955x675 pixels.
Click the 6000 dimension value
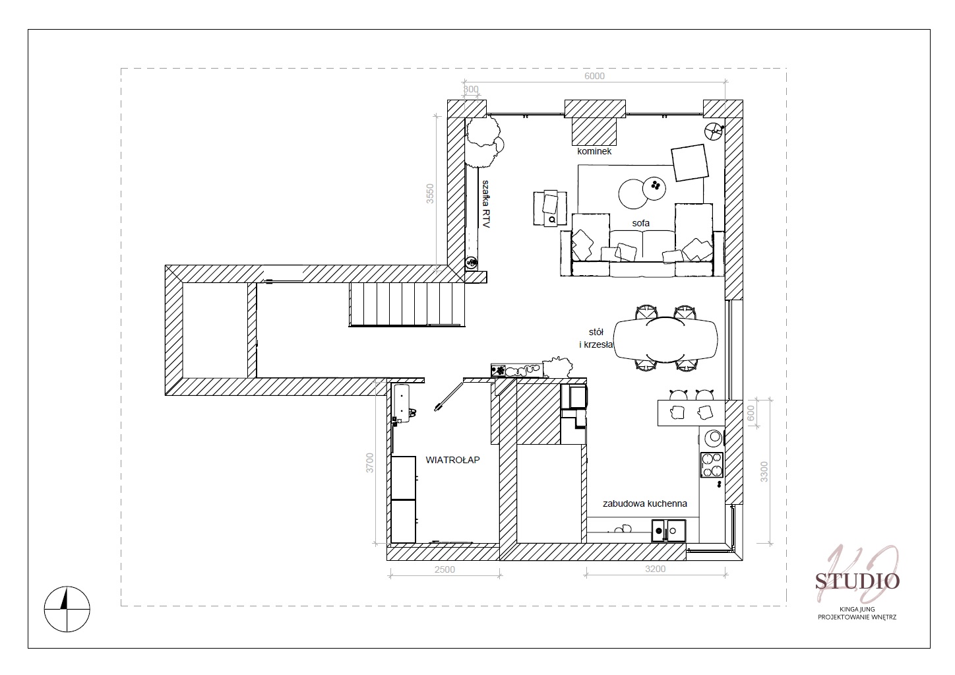(594, 76)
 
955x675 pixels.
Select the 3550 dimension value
(430, 193)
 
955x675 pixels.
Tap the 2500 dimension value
(445, 569)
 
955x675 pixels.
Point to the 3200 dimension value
(656, 569)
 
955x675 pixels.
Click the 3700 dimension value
(369, 463)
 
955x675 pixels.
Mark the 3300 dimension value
(764, 472)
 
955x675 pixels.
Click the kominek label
(594, 151)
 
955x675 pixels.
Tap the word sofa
(641, 223)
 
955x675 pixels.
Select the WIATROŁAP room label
(453, 460)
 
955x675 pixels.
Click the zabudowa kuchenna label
(645, 503)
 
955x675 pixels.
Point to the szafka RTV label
(485, 204)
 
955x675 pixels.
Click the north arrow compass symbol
(67, 609)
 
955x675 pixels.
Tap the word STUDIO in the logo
(857, 581)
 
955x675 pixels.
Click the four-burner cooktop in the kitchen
(712, 465)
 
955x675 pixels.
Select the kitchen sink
(669, 531)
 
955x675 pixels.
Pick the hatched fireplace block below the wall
(594, 131)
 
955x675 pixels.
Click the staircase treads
(407, 304)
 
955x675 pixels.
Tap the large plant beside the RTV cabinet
(483, 142)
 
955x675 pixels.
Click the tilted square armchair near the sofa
(690, 163)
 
